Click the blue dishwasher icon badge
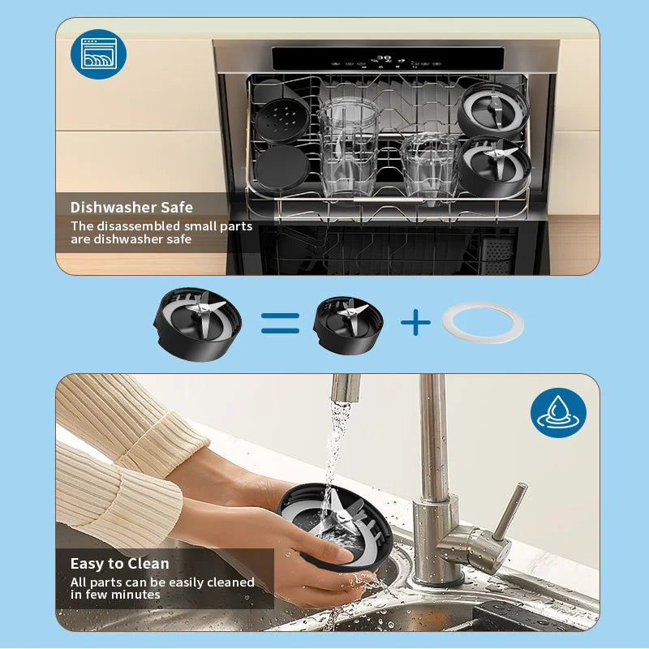(x=98, y=54)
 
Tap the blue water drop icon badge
(x=558, y=413)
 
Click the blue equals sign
(x=280, y=323)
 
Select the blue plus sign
(x=415, y=322)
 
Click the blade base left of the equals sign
(x=197, y=324)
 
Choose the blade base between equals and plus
(x=348, y=325)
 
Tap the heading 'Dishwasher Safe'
(x=131, y=208)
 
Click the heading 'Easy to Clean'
(x=119, y=563)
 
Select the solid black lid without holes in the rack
(x=282, y=169)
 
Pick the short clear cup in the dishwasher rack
(x=430, y=165)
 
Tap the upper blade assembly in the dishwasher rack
(x=492, y=110)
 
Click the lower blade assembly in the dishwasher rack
(x=495, y=166)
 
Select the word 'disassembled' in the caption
(x=133, y=226)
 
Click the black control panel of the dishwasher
(x=388, y=58)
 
